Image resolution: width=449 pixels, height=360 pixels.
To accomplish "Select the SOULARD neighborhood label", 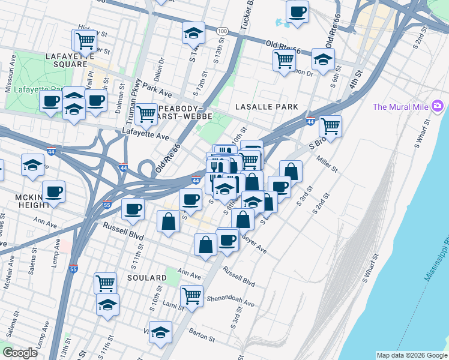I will (146, 278).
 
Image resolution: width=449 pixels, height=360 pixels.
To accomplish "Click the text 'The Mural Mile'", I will (400, 107).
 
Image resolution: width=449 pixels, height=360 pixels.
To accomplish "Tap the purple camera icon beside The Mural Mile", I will (437, 107).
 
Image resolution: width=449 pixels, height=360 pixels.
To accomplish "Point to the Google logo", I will (20, 352).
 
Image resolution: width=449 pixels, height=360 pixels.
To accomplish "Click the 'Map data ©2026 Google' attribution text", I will (411, 355).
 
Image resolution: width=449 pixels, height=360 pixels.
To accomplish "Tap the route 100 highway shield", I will (222, 31).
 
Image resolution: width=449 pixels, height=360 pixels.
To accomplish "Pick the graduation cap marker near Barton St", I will (160, 332).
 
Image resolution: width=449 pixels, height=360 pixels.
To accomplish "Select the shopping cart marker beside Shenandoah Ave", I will (191, 295).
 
